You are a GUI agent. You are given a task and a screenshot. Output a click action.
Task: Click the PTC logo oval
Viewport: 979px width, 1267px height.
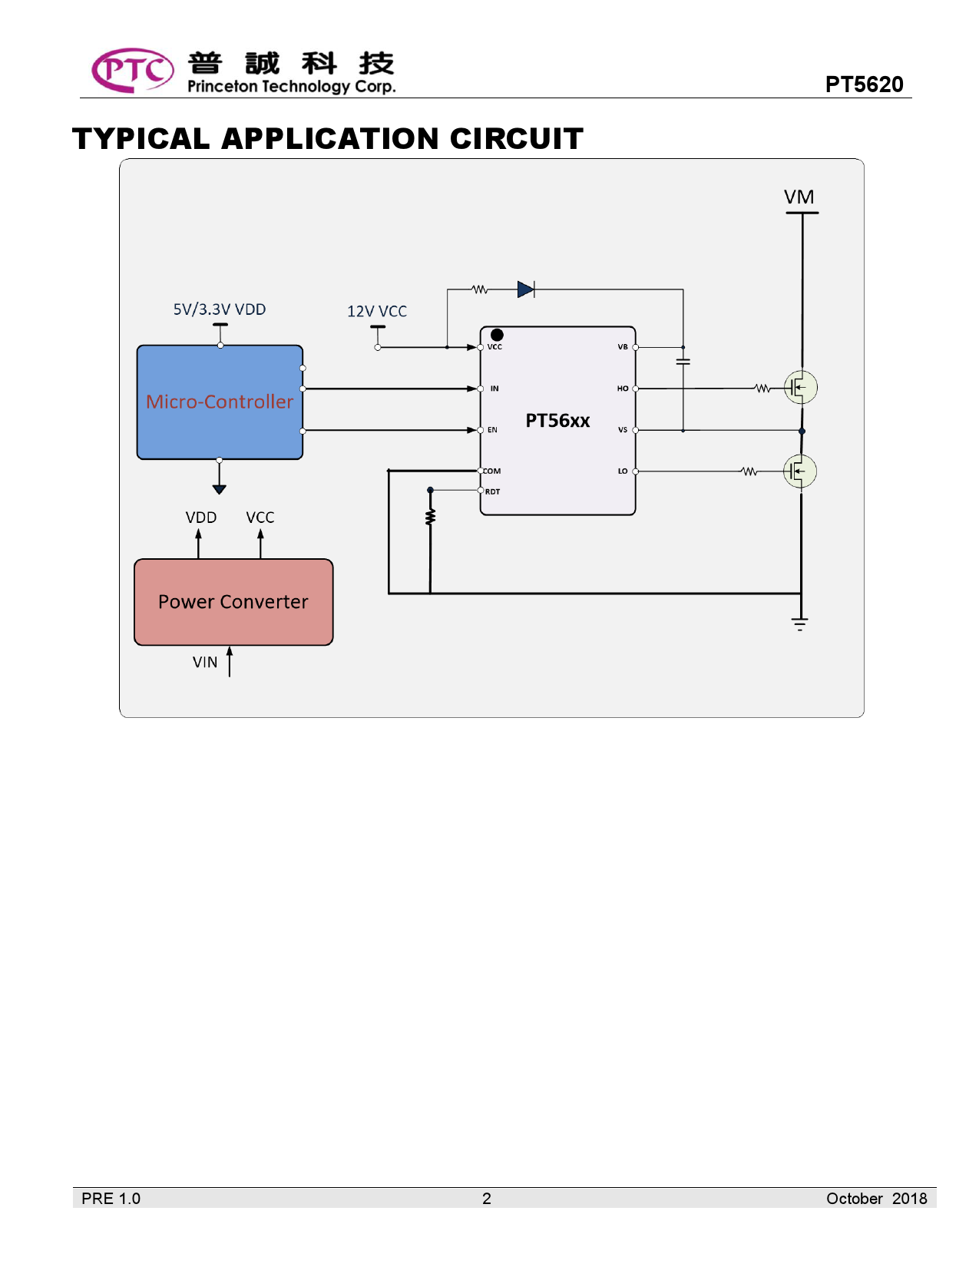point(132,71)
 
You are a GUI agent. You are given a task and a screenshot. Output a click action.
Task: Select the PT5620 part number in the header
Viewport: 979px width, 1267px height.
point(864,84)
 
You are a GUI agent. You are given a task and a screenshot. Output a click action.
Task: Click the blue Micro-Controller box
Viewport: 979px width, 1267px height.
point(220,402)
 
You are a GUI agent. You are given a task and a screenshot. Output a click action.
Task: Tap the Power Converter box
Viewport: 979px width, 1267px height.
point(233,602)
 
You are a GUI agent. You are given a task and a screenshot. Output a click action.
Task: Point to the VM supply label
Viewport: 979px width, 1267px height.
point(799,197)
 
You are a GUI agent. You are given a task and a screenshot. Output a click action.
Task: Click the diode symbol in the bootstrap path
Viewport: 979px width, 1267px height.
point(526,289)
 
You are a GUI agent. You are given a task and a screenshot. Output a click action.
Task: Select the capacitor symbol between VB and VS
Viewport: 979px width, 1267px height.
point(683,361)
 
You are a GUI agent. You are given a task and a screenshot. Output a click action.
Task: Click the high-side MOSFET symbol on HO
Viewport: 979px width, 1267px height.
point(800,388)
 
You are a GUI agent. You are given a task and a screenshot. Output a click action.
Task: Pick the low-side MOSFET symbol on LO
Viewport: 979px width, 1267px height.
point(800,471)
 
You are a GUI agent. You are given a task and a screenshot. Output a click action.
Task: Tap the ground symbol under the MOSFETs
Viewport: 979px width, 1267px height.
point(800,624)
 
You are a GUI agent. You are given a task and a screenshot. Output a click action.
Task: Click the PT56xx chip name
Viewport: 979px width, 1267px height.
point(557,421)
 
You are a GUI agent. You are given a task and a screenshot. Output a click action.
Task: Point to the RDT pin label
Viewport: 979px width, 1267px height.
point(492,491)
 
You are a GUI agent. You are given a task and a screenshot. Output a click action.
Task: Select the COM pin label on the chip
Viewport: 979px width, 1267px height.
point(491,471)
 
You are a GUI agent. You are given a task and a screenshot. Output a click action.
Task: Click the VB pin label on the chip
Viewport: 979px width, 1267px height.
point(623,347)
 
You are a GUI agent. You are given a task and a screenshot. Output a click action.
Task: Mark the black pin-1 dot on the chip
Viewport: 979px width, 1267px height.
point(497,335)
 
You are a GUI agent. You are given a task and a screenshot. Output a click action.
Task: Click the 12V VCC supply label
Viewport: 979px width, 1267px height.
point(377,311)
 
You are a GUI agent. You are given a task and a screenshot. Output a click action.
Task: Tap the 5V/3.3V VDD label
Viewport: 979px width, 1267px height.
point(220,309)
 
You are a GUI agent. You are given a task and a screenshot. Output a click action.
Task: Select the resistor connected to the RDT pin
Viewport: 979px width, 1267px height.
point(430,517)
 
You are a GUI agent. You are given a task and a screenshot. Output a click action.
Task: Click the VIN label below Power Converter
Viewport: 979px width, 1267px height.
point(205,662)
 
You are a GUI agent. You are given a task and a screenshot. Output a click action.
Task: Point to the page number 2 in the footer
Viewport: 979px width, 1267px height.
point(486,1199)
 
